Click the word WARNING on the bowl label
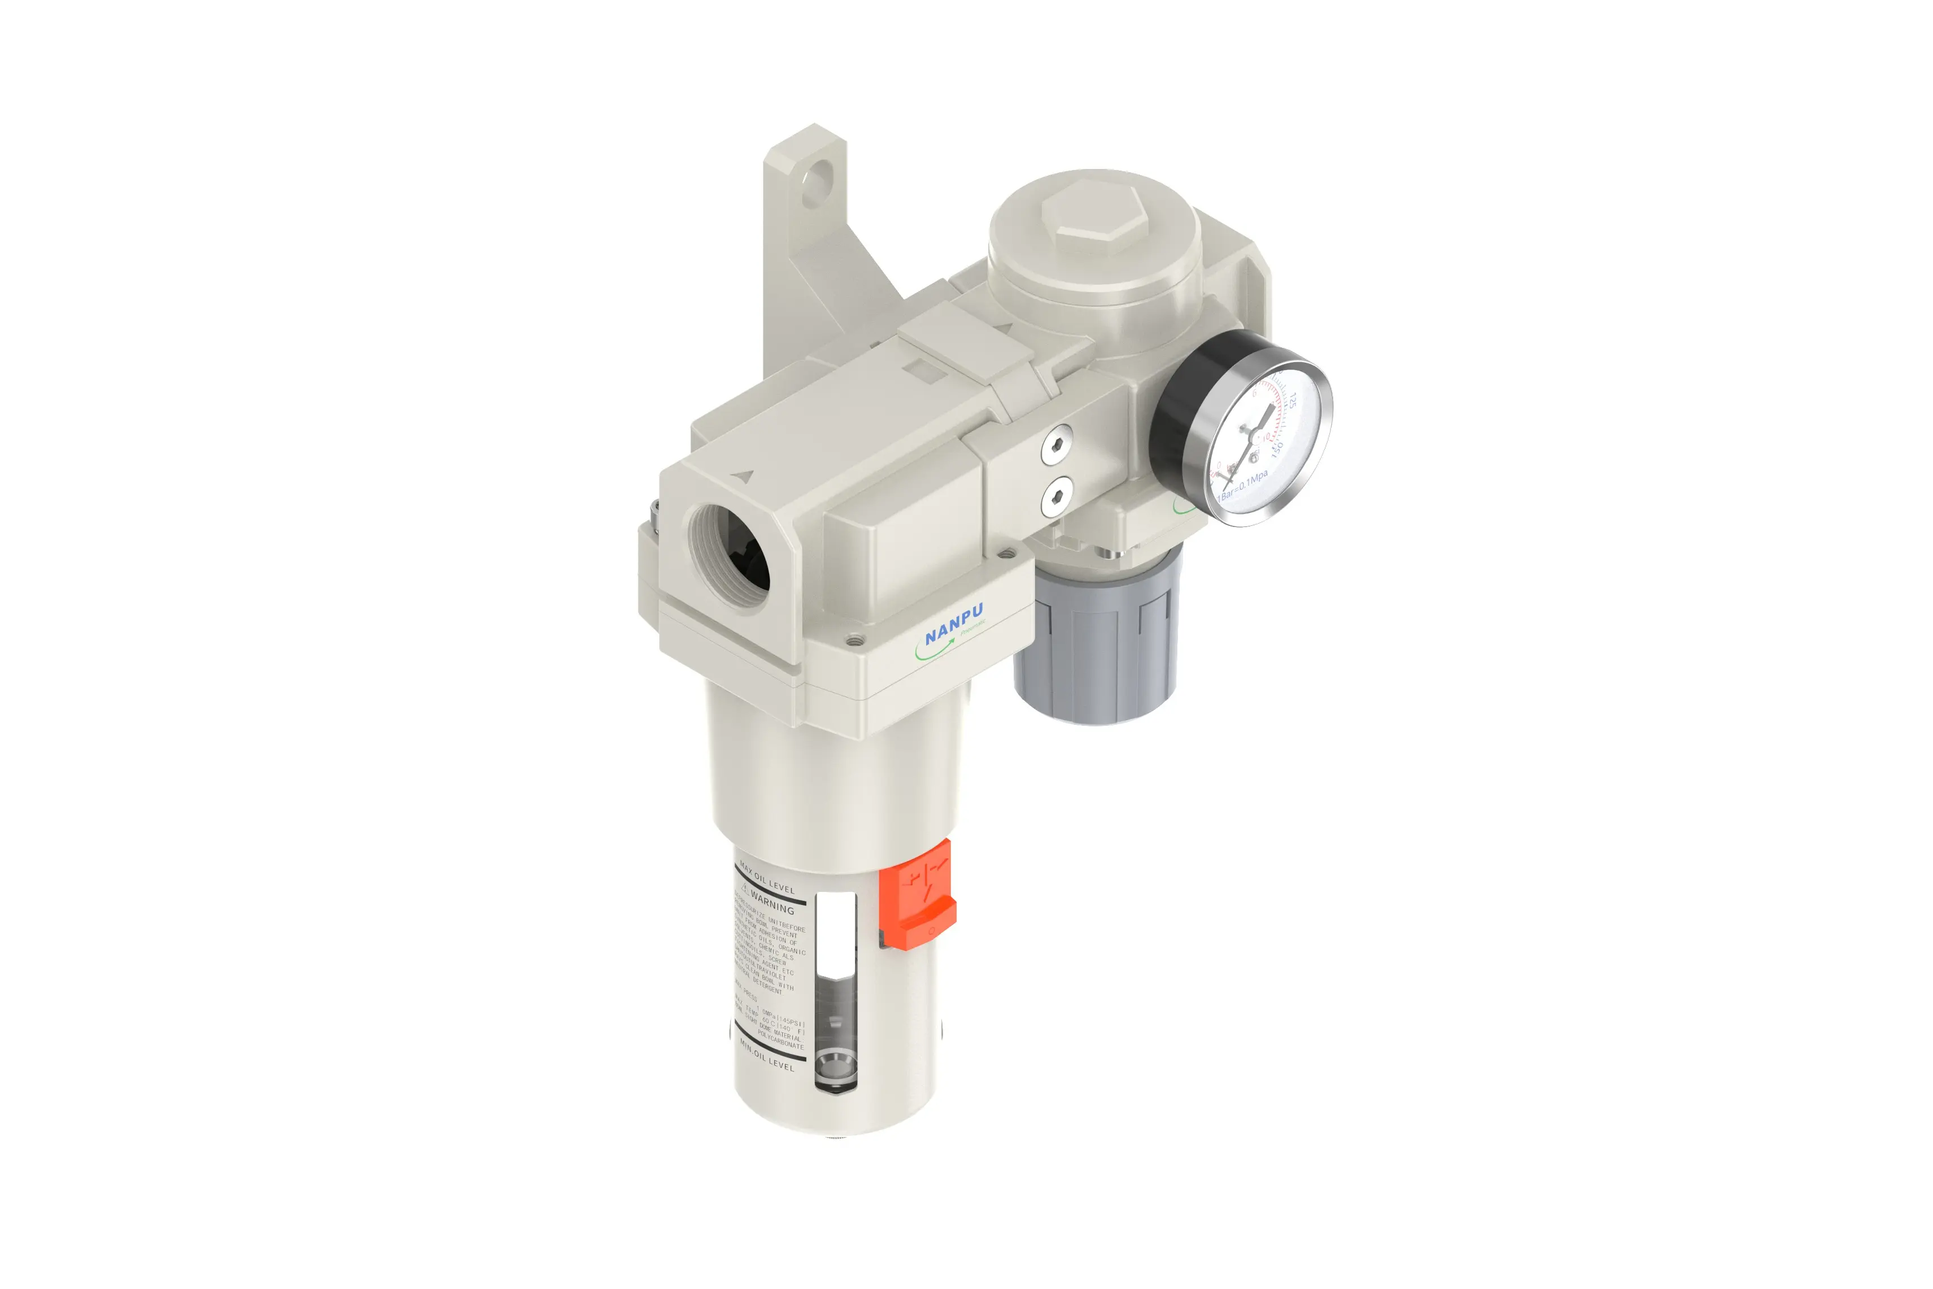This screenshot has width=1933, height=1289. pyautogui.click(x=772, y=903)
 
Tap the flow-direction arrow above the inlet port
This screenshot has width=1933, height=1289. pyautogui.click(x=745, y=475)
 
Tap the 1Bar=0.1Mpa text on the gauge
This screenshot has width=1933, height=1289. pyautogui.click(x=1244, y=485)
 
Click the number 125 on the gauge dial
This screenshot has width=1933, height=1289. pyautogui.click(x=1291, y=400)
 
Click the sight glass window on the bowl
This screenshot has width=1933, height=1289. pyautogui.click(x=836, y=995)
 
